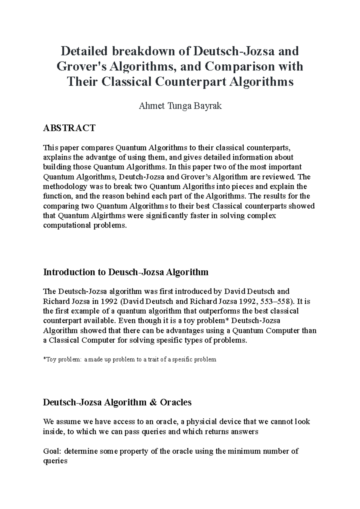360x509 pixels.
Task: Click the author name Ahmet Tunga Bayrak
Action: [x=180, y=106]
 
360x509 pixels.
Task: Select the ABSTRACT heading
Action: [x=69, y=128]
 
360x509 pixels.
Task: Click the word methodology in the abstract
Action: [x=64, y=186]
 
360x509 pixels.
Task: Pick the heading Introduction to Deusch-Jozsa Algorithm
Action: [x=126, y=272]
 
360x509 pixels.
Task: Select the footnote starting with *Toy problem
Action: [x=130, y=359]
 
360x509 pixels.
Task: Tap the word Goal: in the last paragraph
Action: [x=52, y=451]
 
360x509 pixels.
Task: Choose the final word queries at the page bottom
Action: [x=55, y=461]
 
